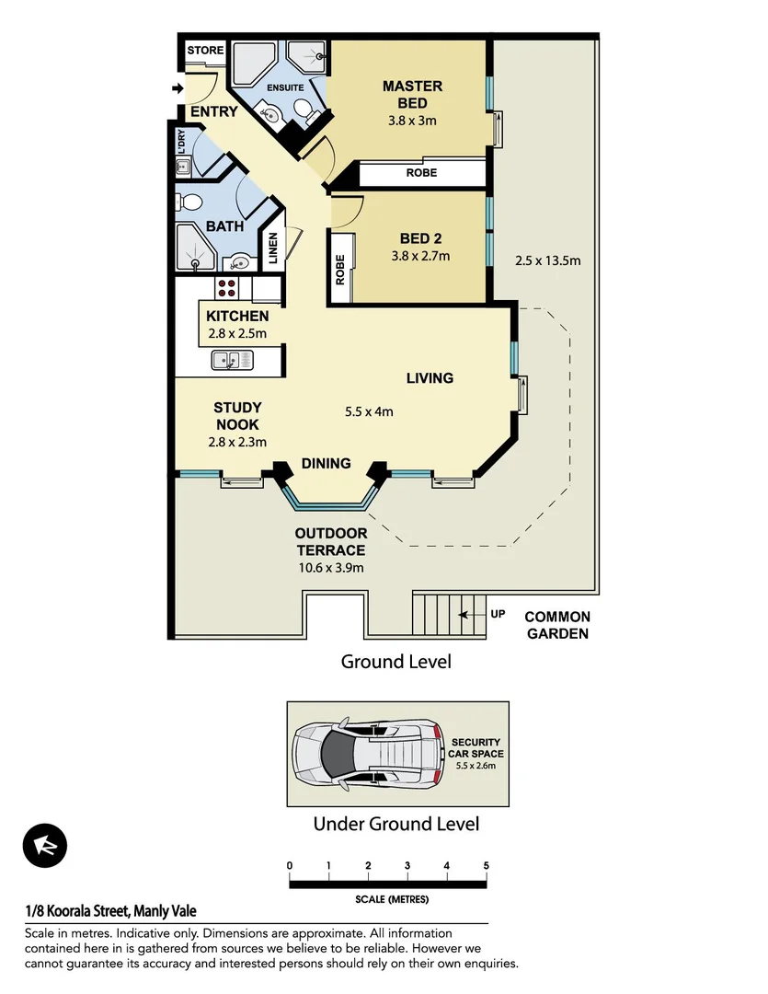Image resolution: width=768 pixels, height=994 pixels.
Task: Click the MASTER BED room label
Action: tap(412, 94)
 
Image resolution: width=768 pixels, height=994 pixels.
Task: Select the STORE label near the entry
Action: tap(205, 50)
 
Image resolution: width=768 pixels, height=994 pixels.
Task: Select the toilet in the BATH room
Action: tap(190, 202)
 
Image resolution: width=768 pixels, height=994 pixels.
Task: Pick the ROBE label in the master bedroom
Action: tap(421, 173)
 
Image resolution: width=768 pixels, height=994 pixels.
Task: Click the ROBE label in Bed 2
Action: tap(340, 270)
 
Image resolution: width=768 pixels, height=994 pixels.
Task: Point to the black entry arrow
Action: tap(177, 88)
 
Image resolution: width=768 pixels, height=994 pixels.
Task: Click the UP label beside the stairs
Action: tap(498, 614)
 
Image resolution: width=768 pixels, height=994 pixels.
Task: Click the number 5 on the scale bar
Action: tap(486, 866)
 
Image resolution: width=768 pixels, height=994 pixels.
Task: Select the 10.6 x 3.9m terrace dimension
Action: tap(330, 567)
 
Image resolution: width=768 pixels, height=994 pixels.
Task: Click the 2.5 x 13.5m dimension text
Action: tap(547, 260)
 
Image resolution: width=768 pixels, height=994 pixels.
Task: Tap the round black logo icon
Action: tap(45, 848)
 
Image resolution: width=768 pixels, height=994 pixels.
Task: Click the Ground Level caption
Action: tap(395, 662)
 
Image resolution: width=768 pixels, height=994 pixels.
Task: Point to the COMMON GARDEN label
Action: tap(557, 625)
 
